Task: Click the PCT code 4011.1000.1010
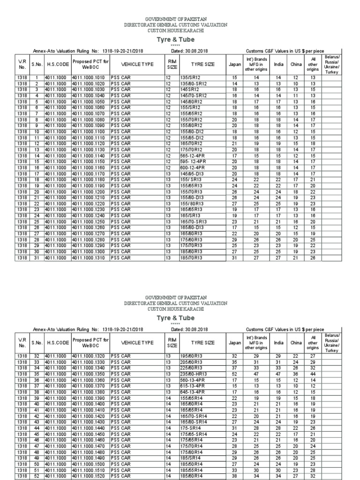pyautogui.click(x=90, y=77)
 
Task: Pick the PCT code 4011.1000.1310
pyautogui.click(x=90, y=257)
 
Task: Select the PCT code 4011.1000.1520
pyautogui.click(x=90, y=475)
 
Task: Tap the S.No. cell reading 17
pyautogui.click(x=37, y=173)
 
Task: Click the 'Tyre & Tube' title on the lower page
pyautogui.click(x=180, y=318)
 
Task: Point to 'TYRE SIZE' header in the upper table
pyautogui.click(x=202, y=64)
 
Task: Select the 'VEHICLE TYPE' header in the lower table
pyautogui.click(x=137, y=343)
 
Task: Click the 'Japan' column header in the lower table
pyautogui.click(x=235, y=343)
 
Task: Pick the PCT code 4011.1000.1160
pyautogui.click(x=90, y=167)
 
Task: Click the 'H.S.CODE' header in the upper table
pyautogui.click(x=58, y=64)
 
